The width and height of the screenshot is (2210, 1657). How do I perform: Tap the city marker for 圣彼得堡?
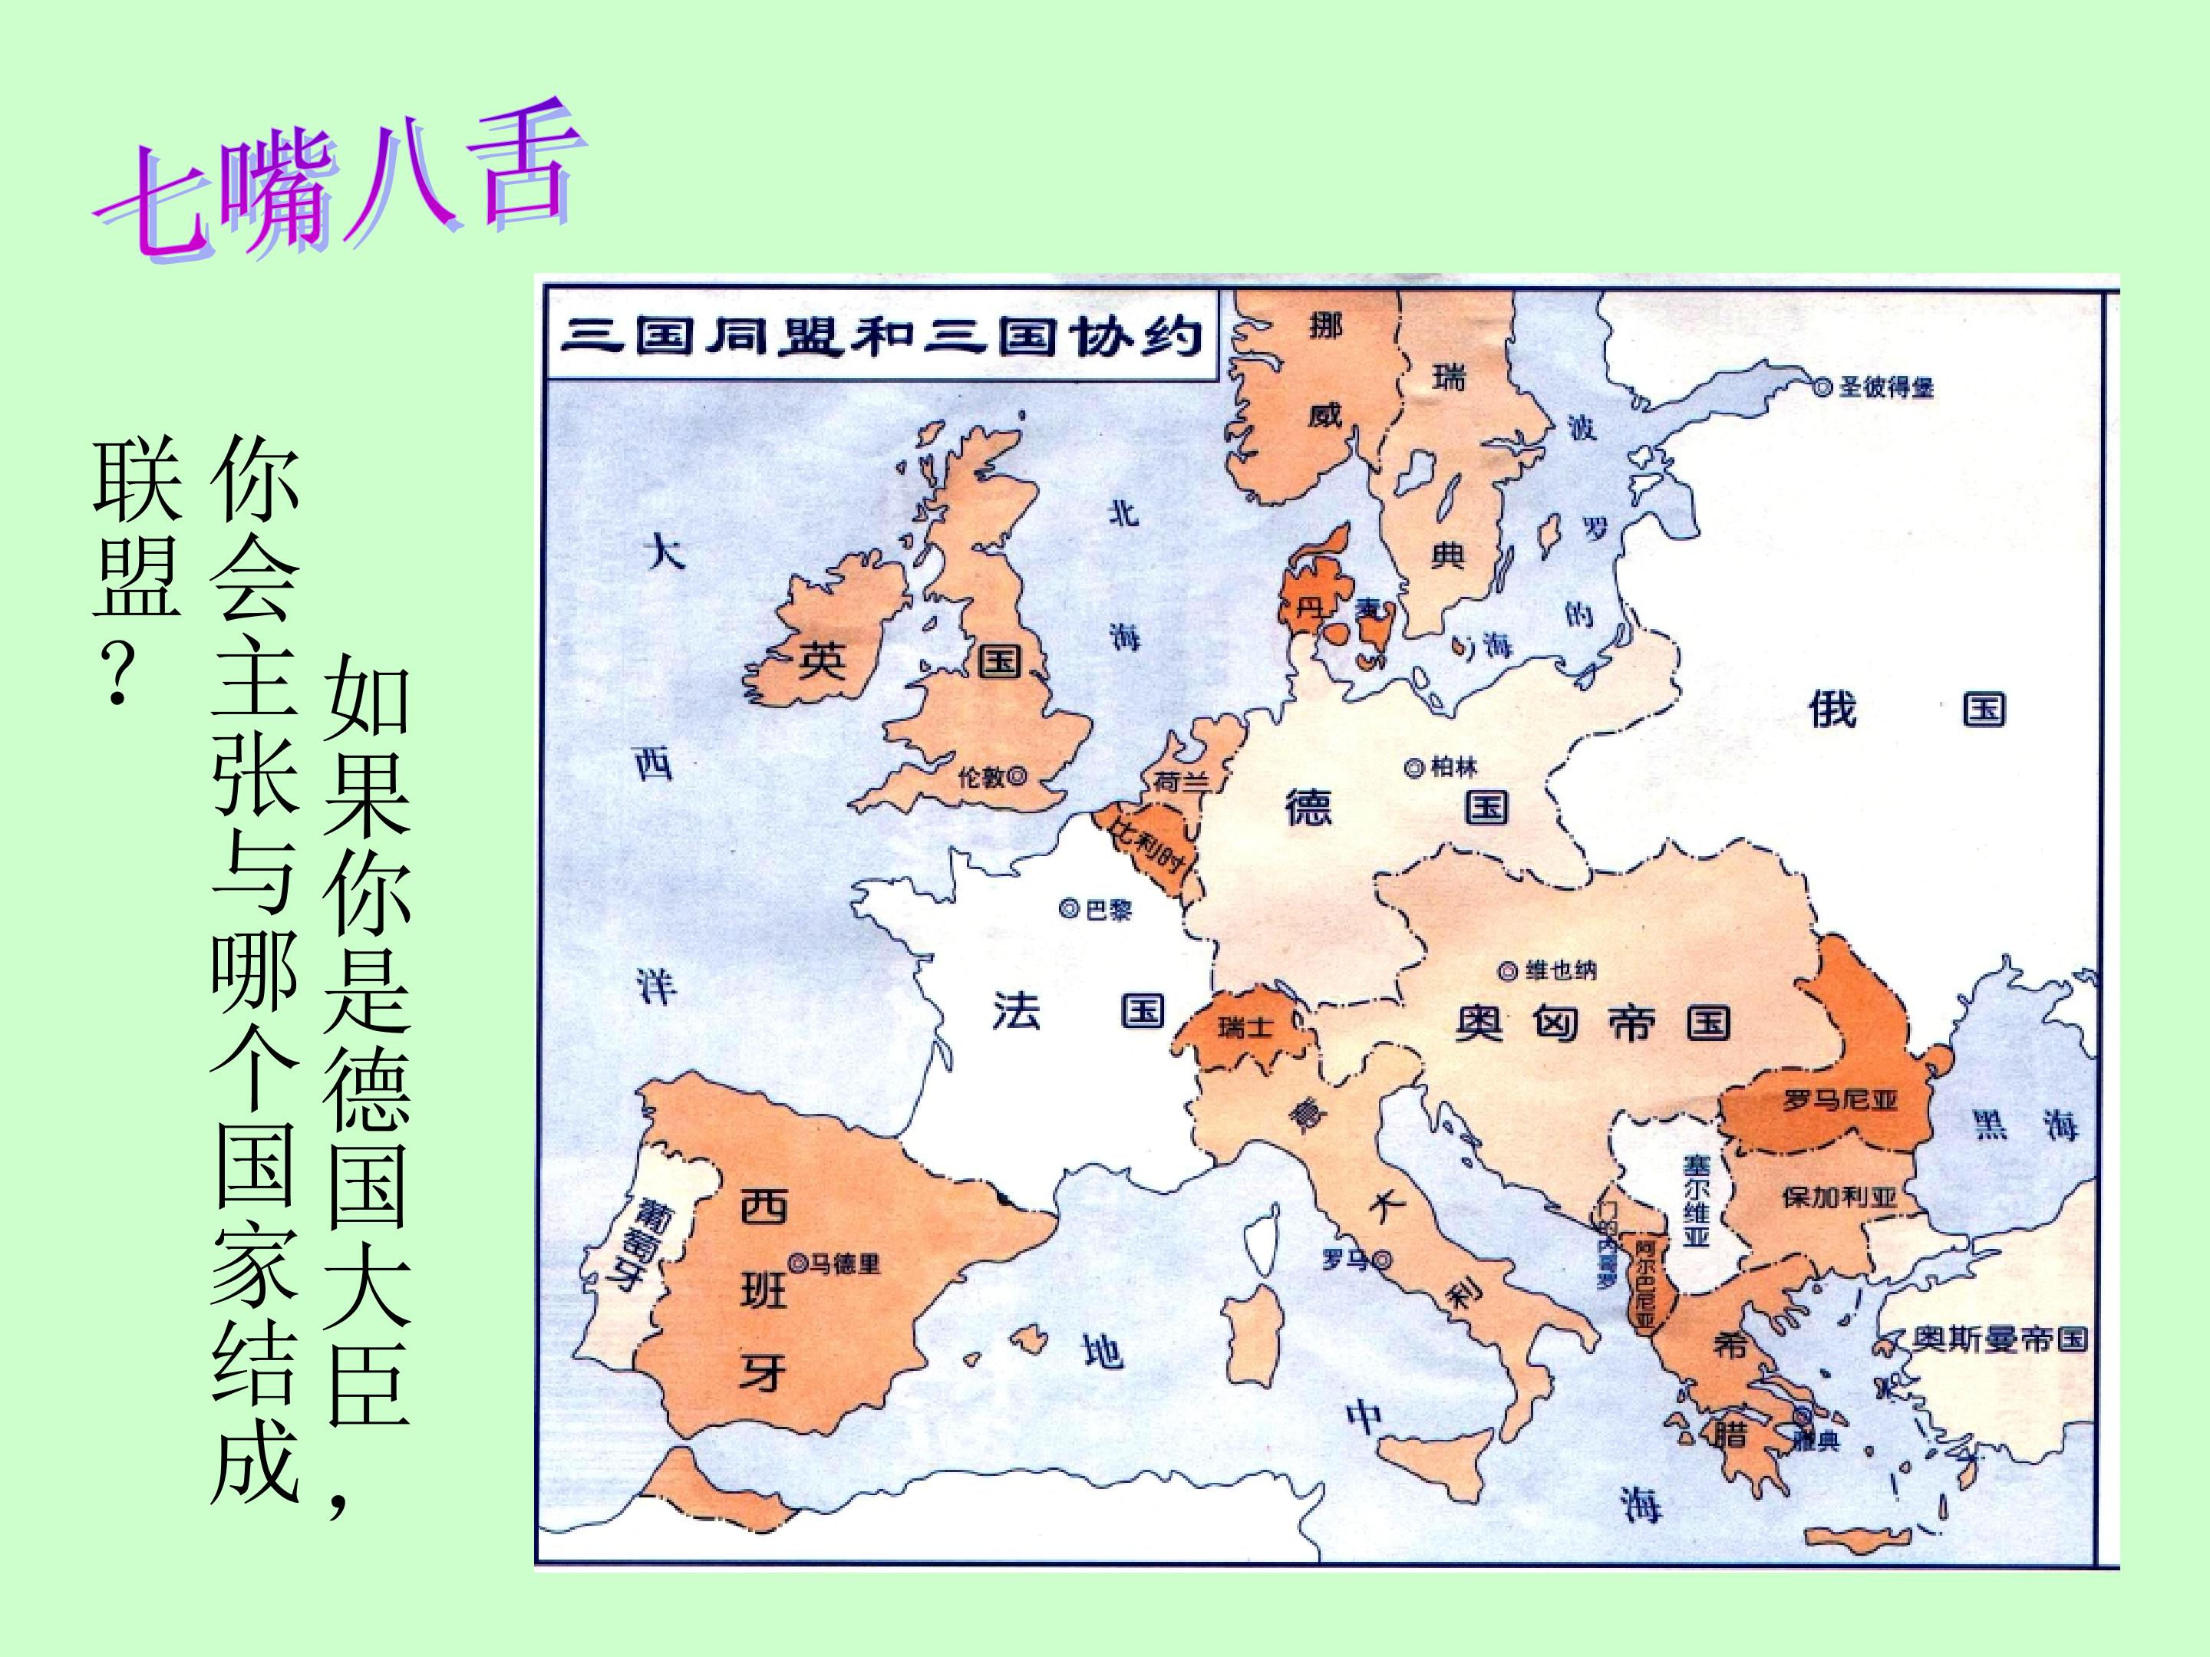pos(1823,387)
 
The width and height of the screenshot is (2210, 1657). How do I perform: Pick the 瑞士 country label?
pos(1245,1026)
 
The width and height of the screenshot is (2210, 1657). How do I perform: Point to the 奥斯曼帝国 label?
pos(1999,1339)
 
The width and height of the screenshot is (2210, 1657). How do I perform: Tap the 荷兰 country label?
pos(1181,781)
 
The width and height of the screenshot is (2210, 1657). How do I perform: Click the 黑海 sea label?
pos(2025,1125)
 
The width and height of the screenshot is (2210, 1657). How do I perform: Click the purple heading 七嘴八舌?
pos(340,185)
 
